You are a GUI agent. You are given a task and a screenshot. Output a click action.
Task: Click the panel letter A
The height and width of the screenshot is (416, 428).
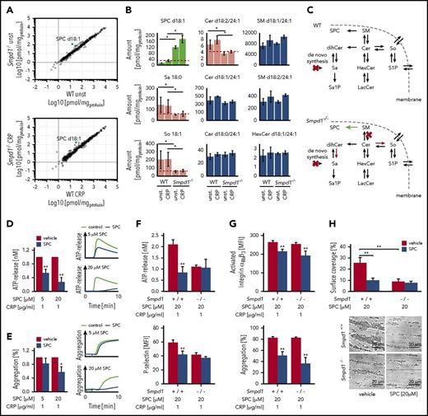(x=5, y=6)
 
